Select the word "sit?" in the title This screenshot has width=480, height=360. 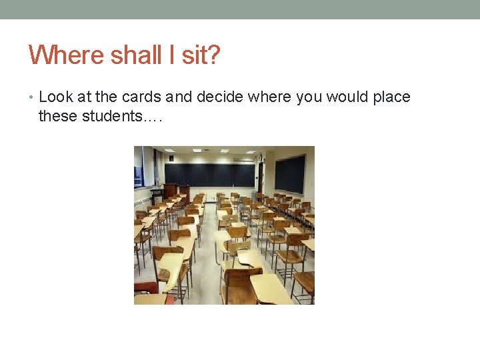point(200,55)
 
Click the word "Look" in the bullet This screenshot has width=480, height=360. point(56,97)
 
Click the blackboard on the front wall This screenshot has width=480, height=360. point(209,175)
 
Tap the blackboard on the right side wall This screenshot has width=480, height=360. point(289,173)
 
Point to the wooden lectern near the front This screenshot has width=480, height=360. point(171,192)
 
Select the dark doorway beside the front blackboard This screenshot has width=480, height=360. point(261,178)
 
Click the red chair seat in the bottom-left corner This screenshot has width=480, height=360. point(145,287)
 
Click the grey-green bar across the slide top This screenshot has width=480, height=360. point(240,9)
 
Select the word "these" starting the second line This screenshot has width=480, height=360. point(57,117)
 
